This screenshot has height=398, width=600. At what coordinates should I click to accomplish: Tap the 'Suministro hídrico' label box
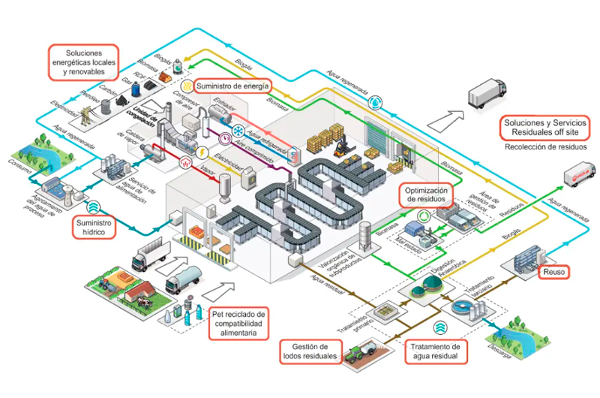pos(94,228)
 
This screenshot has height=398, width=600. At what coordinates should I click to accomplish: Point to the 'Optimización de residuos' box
pos(427,195)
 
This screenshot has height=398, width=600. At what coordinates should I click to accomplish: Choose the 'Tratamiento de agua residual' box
pos(434,350)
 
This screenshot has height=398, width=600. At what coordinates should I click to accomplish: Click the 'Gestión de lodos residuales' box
pos(310,350)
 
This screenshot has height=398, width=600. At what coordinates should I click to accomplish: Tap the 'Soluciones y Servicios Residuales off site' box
pos(545,127)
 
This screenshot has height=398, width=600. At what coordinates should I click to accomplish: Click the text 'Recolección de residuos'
pos(545,147)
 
